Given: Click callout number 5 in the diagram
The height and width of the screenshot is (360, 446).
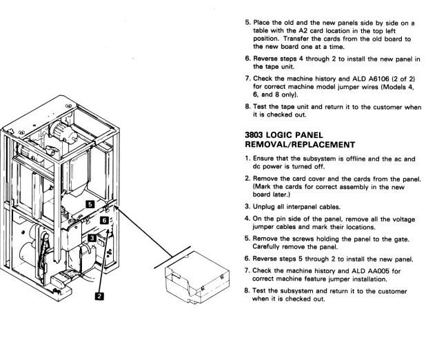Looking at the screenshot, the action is (90, 204).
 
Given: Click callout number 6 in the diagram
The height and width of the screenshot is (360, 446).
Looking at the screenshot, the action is (104, 220).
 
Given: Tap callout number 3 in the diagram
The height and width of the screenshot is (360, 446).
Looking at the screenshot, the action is (92, 238).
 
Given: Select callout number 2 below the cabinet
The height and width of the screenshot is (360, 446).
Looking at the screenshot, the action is (99, 297).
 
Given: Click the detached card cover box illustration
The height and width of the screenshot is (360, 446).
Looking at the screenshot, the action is (197, 277).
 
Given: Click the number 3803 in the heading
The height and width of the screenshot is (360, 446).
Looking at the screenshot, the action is (254, 135).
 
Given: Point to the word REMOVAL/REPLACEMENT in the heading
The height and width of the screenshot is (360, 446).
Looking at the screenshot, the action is (300, 145).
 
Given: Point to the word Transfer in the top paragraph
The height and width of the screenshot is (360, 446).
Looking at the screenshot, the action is (296, 39).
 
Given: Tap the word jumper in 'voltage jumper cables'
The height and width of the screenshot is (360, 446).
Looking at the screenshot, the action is (262, 227).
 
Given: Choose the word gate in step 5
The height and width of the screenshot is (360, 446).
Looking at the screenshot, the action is (401, 239).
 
